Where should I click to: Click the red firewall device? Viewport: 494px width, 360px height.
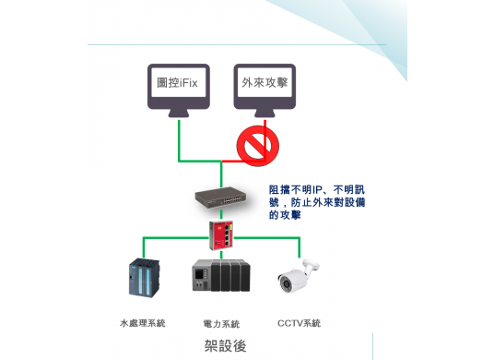221,235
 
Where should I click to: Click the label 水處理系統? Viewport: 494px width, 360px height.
143,323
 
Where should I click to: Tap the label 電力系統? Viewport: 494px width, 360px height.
221,324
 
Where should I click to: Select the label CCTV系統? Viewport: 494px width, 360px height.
300,323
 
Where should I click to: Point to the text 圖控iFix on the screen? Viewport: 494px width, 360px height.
180,83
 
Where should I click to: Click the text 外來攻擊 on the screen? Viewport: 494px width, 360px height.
265,83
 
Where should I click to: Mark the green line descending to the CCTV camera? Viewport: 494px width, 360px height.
300,247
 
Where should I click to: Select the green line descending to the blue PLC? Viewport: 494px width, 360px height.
143,247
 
